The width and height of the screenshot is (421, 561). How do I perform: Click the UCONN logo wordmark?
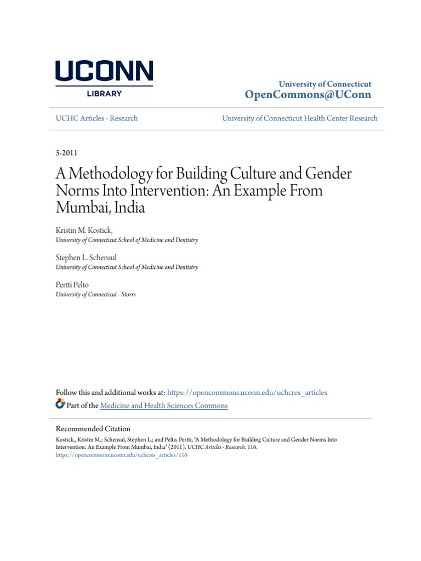point(104,72)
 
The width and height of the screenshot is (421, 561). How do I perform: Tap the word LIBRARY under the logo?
point(104,94)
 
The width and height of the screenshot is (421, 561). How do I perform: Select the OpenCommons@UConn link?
point(308,95)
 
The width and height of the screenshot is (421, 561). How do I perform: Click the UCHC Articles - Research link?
point(97,118)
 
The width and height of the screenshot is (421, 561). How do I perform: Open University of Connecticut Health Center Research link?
point(299,118)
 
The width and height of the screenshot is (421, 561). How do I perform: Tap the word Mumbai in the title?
point(80,208)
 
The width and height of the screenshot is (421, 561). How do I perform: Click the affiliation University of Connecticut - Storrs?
point(96,294)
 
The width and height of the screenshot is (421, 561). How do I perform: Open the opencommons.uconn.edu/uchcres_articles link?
point(247,392)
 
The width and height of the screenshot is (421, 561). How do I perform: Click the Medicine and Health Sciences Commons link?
point(164,405)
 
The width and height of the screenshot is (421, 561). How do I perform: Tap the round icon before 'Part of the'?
point(60,405)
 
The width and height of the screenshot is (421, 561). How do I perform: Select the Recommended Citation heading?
point(93,429)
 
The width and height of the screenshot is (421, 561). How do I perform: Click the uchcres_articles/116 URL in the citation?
point(122,455)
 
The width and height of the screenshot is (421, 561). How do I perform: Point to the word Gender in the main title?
point(327,175)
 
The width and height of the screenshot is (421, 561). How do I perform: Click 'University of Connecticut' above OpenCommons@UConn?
point(325,84)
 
